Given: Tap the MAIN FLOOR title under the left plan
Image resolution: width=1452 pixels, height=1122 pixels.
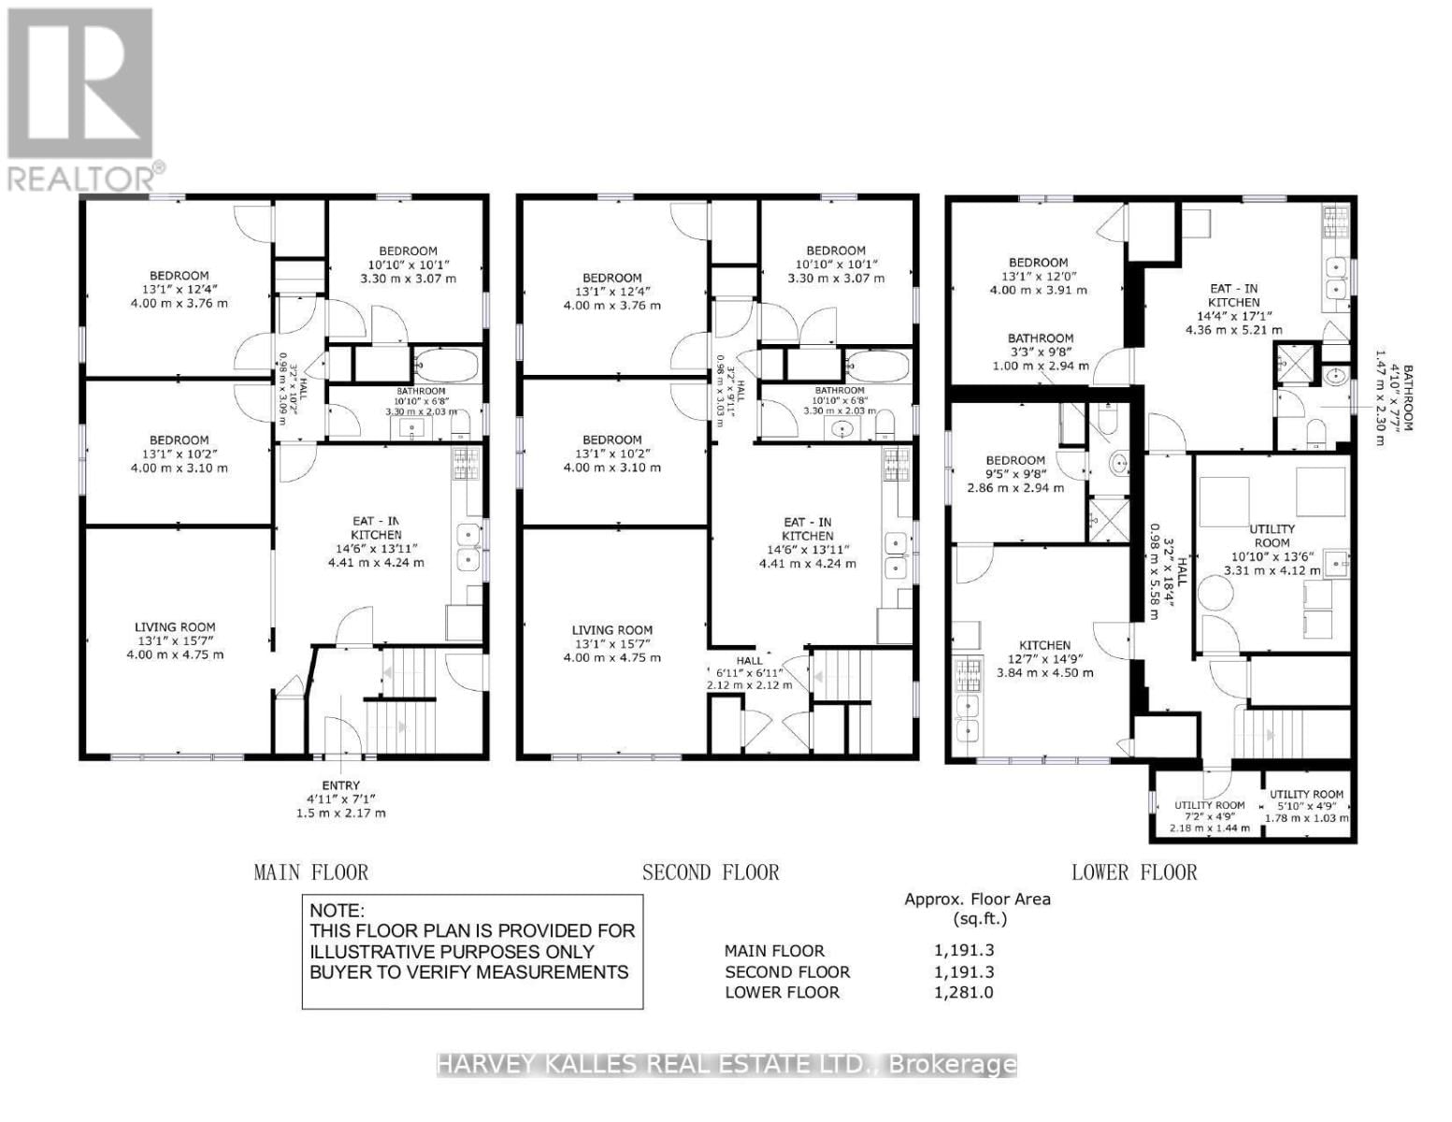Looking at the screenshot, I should point(311,872).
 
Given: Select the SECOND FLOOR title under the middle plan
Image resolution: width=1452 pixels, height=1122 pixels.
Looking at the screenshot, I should point(711,872).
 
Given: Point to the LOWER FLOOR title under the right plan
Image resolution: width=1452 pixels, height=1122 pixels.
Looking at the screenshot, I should point(1134,872).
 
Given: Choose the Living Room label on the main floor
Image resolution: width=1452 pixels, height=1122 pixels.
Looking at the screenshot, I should point(175,627).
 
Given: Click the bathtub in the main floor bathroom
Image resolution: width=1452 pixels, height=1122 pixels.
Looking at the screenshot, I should point(446,366).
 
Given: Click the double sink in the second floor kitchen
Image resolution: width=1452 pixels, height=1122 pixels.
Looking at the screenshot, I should point(896,556).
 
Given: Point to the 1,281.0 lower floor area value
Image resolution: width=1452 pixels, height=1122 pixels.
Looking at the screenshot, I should point(963,992).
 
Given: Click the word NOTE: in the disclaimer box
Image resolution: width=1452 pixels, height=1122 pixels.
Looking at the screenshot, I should point(338,911).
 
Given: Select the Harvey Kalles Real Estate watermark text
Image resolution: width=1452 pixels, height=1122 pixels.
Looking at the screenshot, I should point(726,1064).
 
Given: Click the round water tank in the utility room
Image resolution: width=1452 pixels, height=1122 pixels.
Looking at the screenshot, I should point(1219,595).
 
